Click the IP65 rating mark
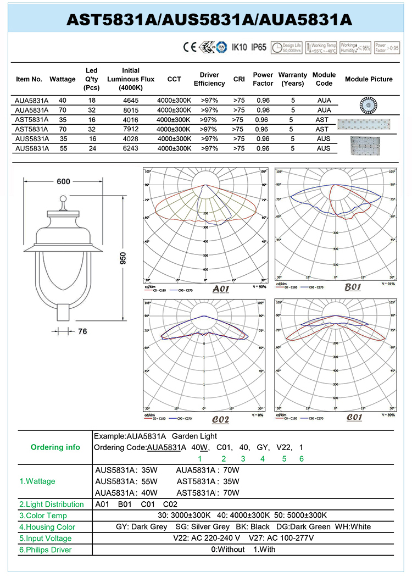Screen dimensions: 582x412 click(x=258, y=47)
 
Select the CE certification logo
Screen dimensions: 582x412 click(x=189, y=47)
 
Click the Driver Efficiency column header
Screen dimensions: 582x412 click(x=209, y=79)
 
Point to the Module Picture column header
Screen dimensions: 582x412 click(x=369, y=79)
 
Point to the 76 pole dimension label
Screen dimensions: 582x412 click(x=82, y=331)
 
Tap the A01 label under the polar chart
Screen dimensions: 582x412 click(x=220, y=289)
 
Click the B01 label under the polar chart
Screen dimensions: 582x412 click(x=352, y=287)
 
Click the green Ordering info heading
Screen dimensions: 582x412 click(x=55, y=447)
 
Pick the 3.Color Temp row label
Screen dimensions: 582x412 click(x=43, y=516)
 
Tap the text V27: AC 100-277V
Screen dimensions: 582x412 click(x=281, y=538)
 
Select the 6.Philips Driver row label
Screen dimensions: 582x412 click(x=46, y=550)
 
